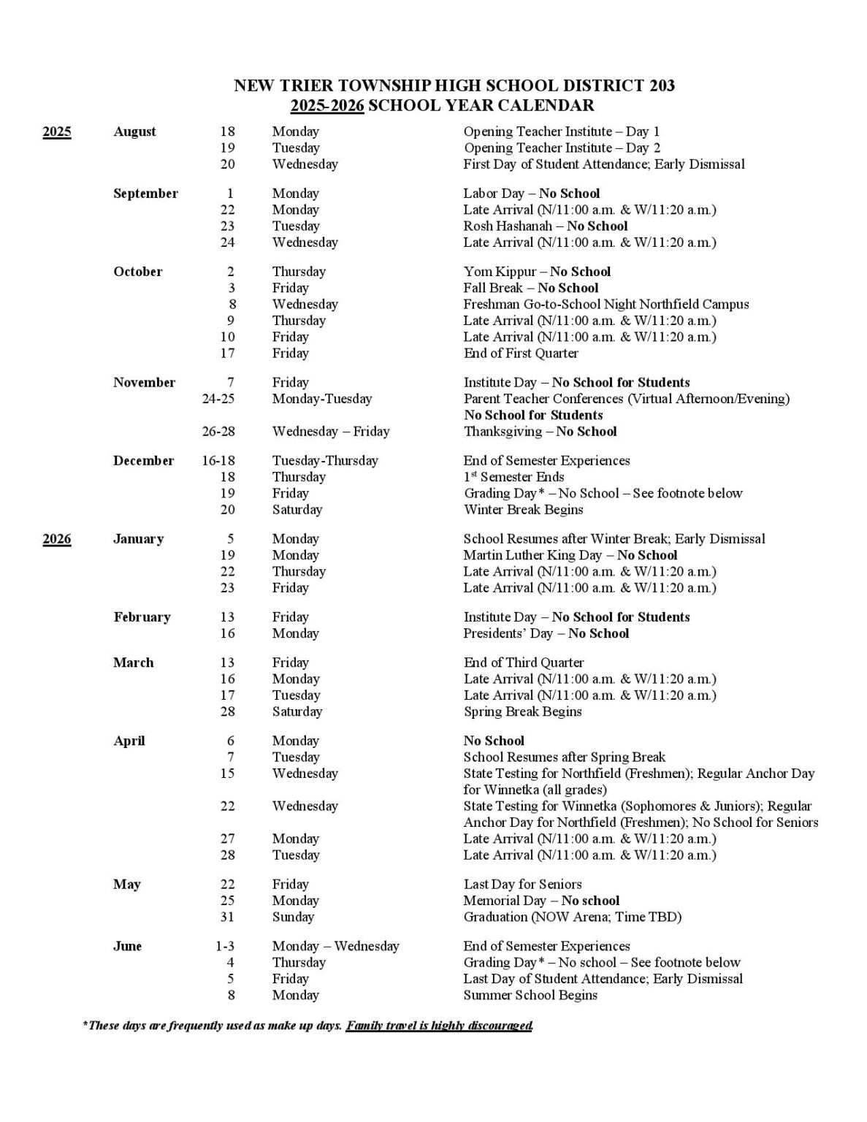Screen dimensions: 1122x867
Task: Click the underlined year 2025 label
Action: tap(57, 132)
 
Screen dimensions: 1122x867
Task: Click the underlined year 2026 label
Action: tap(57, 539)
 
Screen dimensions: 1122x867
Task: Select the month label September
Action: tap(145, 194)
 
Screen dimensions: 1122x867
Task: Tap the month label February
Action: tap(142, 617)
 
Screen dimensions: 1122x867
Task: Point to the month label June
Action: tap(127, 947)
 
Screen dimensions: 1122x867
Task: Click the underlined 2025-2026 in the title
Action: tap(326, 106)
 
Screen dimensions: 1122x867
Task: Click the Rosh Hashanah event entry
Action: tap(545, 226)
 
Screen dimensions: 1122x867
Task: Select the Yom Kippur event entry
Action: tap(537, 272)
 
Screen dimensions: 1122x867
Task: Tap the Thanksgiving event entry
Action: tap(540, 432)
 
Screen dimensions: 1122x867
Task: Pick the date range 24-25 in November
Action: tap(218, 399)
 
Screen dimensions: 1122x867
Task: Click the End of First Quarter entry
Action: tap(521, 354)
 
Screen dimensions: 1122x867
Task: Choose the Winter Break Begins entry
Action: tap(523, 510)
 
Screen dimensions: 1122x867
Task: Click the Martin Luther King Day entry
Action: tap(570, 555)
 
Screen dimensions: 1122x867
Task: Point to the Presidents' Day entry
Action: tap(546, 633)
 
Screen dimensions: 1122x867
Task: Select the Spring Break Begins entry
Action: tap(522, 711)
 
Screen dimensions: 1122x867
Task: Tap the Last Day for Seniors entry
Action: tap(522, 885)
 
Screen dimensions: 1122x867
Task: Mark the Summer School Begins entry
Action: tap(530, 996)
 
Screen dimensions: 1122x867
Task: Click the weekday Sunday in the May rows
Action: tap(293, 917)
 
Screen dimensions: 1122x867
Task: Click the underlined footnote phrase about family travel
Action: tap(439, 1026)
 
